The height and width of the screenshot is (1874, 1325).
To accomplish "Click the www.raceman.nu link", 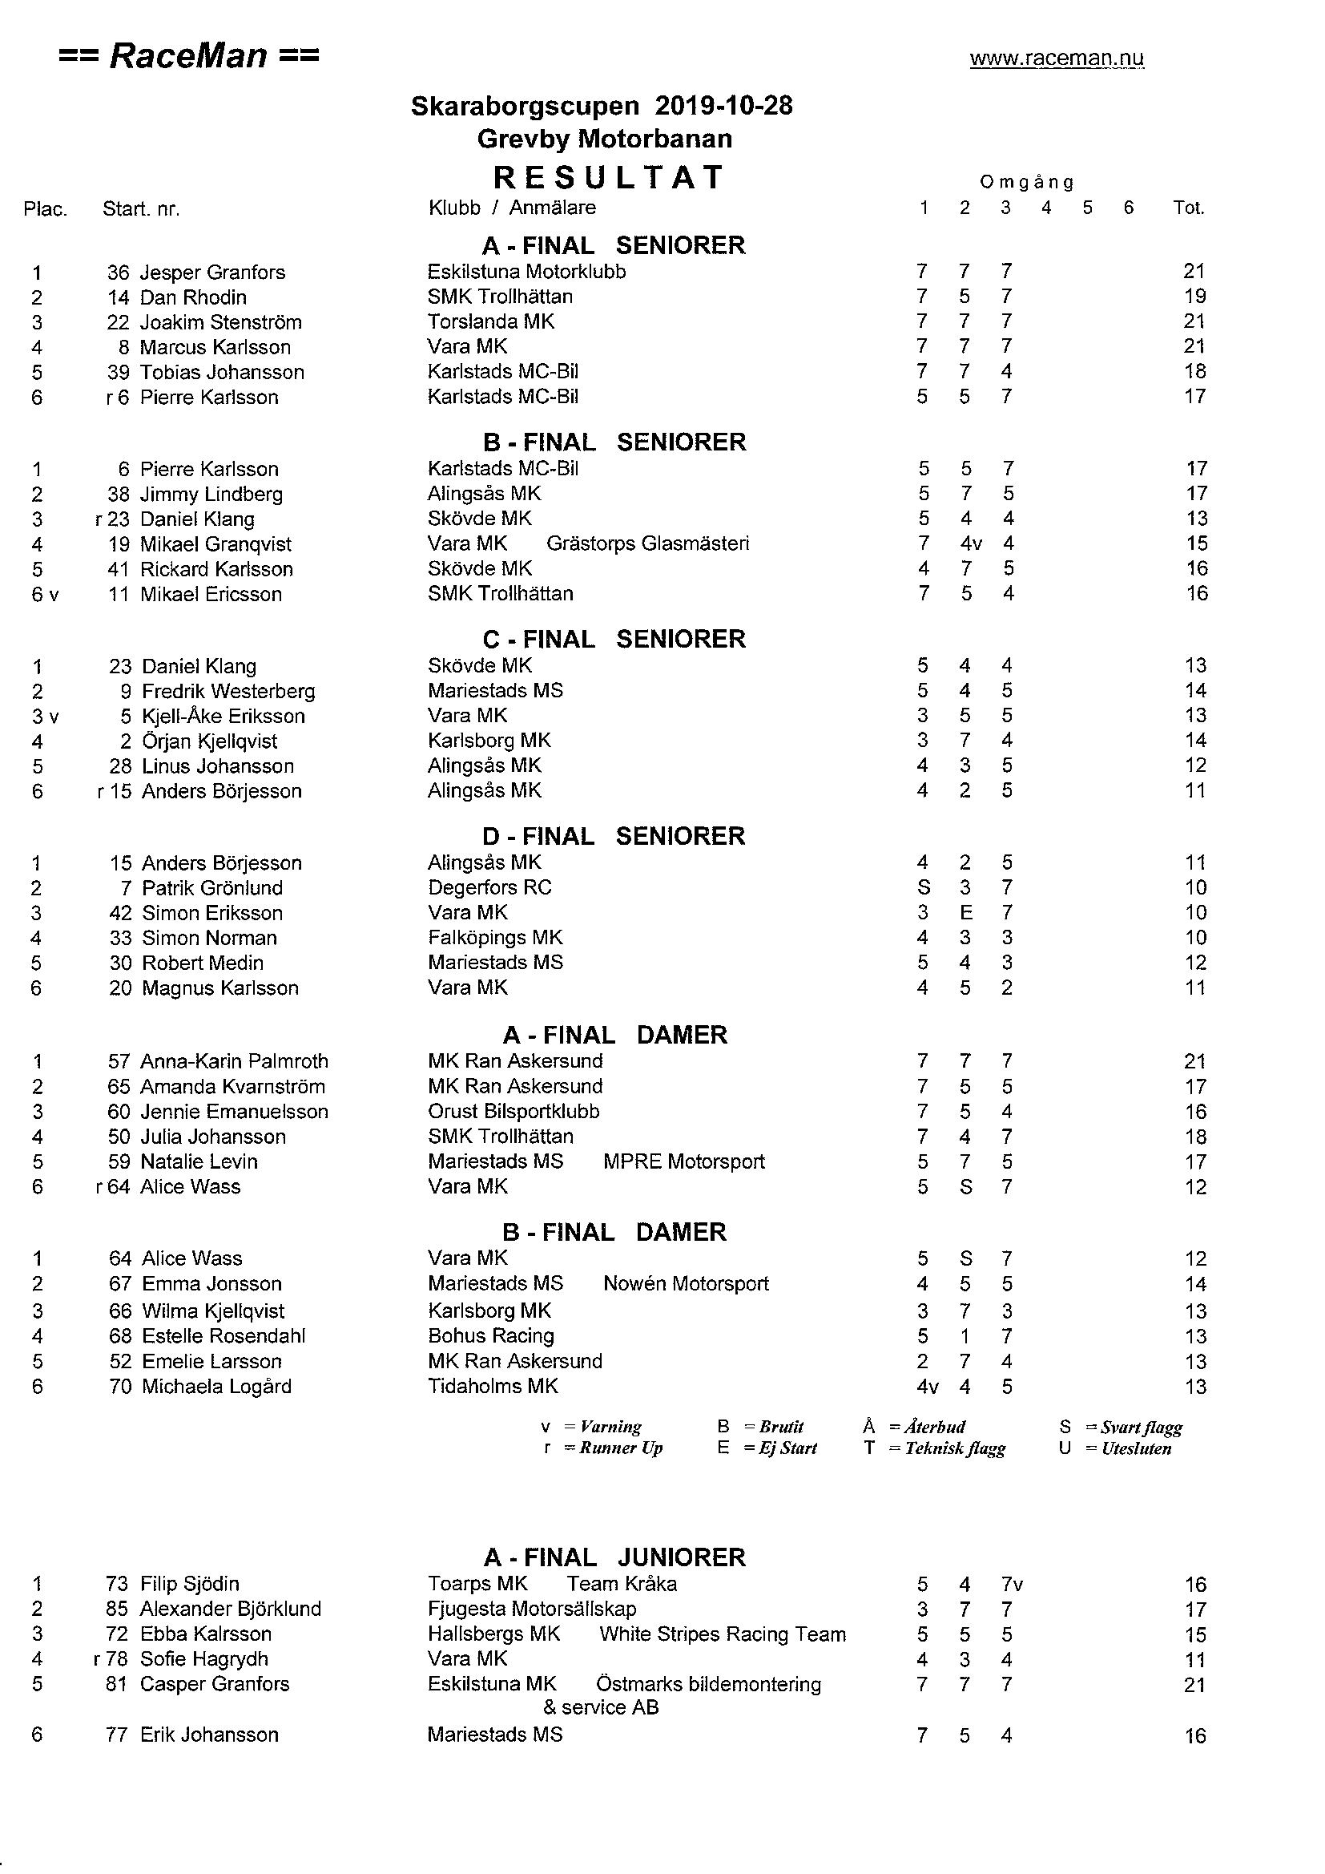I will click(1057, 59).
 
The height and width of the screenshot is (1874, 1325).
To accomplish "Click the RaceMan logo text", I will click(189, 56).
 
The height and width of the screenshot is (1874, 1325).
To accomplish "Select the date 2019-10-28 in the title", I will click(723, 106).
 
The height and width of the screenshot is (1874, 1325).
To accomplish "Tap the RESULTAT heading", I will click(609, 177).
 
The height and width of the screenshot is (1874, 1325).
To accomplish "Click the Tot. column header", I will click(1189, 208).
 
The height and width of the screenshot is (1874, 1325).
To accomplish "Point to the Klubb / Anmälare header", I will click(512, 208).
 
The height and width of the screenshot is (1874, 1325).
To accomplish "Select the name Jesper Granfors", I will click(212, 273).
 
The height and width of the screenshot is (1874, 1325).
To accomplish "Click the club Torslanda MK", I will click(490, 321).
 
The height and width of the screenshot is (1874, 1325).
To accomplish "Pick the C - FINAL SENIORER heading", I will click(614, 639).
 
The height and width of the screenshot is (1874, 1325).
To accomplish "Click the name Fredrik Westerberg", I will click(228, 691).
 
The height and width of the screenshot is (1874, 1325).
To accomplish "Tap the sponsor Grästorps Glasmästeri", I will click(647, 543).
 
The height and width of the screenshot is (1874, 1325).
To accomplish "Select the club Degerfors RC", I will click(489, 887).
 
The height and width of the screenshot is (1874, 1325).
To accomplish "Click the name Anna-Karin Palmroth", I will click(234, 1061).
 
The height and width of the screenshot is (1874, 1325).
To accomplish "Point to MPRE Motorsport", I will click(683, 1161).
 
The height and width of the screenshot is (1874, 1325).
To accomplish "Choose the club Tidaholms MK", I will click(493, 1386).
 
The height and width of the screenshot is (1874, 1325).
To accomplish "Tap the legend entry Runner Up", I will click(620, 1448).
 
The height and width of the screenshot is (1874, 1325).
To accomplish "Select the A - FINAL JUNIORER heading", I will click(614, 1557).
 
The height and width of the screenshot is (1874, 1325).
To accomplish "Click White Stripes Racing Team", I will click(722, 1634).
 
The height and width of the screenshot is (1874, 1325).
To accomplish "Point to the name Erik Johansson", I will click(209, 1735).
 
